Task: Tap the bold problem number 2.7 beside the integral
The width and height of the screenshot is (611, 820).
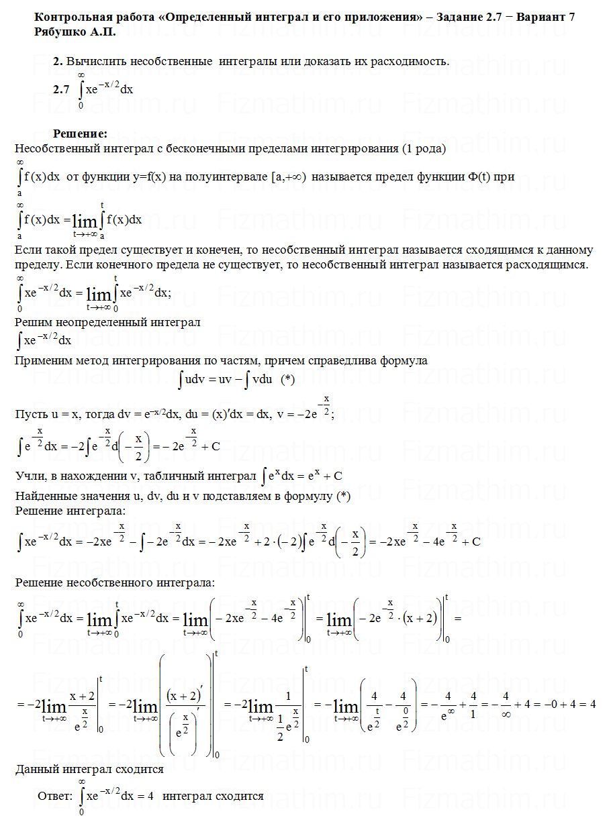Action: (61, 89)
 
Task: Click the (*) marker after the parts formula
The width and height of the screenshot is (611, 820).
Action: (288, 380)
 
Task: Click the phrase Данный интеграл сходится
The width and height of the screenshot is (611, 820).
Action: (89, 770)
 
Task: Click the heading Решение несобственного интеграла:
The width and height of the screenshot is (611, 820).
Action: (115, 582)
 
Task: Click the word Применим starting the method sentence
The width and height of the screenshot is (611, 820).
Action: (42, 360)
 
